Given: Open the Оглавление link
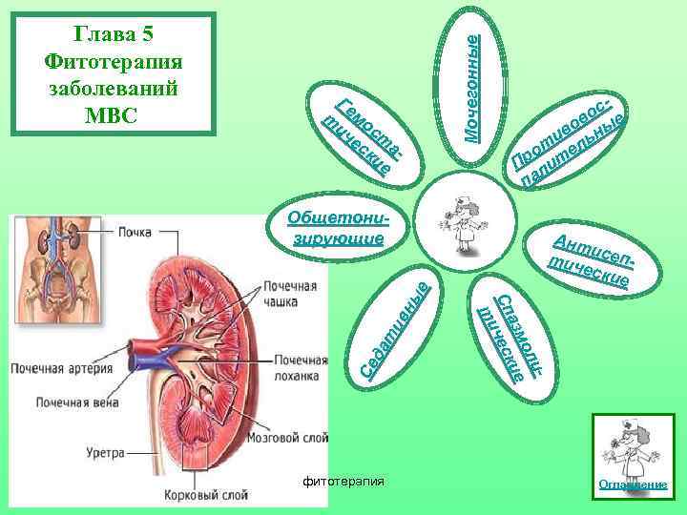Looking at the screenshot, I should point(631,484).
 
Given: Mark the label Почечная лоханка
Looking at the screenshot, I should point(300,367).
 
